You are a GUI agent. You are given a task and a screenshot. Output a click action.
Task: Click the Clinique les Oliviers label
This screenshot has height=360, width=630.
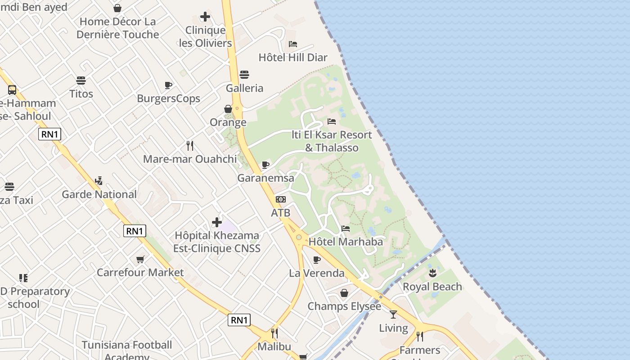coord(206,37)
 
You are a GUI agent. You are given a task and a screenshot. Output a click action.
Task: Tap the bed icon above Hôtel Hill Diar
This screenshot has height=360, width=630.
coord(293,44)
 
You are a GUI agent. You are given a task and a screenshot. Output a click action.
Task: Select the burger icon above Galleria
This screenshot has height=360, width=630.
coord(244,74)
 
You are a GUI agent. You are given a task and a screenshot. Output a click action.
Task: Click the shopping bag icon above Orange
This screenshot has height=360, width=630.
coord(228,109)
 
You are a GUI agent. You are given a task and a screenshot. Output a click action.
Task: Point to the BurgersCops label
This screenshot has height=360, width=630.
coord(169,99)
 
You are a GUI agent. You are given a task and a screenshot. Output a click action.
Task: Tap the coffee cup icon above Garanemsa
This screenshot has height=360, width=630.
coord(265,165)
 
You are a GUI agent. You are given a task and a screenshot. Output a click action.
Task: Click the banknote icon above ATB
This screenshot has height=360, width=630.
coord(281,199)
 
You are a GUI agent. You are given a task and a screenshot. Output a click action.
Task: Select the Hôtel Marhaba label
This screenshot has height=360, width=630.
coord(346,242)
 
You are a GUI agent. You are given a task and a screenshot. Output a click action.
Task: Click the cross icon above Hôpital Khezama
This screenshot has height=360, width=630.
coord(217,222)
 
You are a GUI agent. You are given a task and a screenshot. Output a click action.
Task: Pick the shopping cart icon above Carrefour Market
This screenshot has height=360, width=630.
coord(140,259)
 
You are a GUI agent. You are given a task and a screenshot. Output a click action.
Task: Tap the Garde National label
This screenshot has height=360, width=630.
coord(99,194)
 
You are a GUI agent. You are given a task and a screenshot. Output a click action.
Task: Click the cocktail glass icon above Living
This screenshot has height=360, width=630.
coord(394,315)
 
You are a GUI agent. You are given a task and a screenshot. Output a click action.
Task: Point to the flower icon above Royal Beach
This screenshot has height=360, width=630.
coord(432,273)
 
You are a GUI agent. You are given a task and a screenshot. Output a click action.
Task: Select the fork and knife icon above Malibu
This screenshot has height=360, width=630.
coord(274,333)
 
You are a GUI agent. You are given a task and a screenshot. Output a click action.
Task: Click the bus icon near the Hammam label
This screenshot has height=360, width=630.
coord(12,90)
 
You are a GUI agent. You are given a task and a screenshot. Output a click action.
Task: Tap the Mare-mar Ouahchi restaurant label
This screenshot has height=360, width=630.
coord(190,159)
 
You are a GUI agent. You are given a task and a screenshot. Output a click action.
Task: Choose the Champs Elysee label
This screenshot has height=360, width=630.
coord(344,306)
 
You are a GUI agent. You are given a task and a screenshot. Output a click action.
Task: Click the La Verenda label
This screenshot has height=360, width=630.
coord(317,273)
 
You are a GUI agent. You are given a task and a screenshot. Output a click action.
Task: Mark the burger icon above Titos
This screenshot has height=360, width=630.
coord(81,81)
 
